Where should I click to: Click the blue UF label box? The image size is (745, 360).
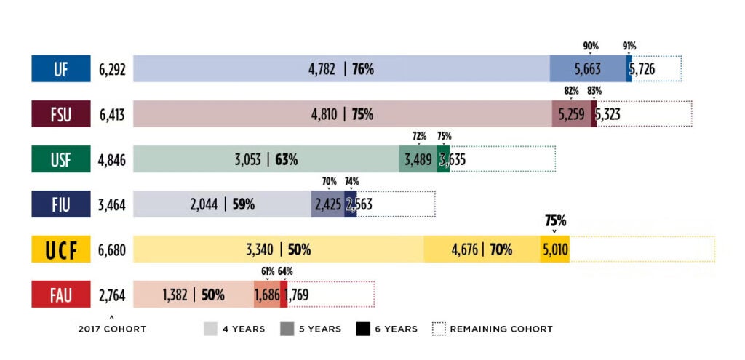[60, 69]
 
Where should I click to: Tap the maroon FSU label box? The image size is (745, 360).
[60, 114]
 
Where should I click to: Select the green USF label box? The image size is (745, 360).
[60, 159]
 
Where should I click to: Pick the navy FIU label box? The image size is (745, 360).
[60, 204]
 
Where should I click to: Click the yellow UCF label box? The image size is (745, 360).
[60, 250]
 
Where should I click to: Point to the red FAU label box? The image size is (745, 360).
[60, 295]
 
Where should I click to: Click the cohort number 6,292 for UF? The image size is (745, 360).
[112, 70]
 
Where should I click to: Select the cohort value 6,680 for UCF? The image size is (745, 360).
[112, 250]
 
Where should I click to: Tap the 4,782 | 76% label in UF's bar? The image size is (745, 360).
[340, 70]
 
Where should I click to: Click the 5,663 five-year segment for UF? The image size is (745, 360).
[587, 70]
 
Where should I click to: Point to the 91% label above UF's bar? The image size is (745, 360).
[629, 47]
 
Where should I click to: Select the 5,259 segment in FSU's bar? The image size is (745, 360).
[571, 114]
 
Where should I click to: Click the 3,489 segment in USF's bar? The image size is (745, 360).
[418, 159]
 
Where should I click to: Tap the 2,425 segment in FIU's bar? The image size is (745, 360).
[327, 204]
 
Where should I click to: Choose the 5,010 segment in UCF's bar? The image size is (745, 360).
[555, 250]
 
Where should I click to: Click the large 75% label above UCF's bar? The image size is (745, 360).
[554, 221]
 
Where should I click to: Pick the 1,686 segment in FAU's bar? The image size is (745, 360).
[266, 295]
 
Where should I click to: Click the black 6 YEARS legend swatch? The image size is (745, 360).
[363, 329]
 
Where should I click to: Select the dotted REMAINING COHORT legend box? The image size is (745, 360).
[438, 329]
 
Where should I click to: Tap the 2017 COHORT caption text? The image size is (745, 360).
[112, 329]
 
